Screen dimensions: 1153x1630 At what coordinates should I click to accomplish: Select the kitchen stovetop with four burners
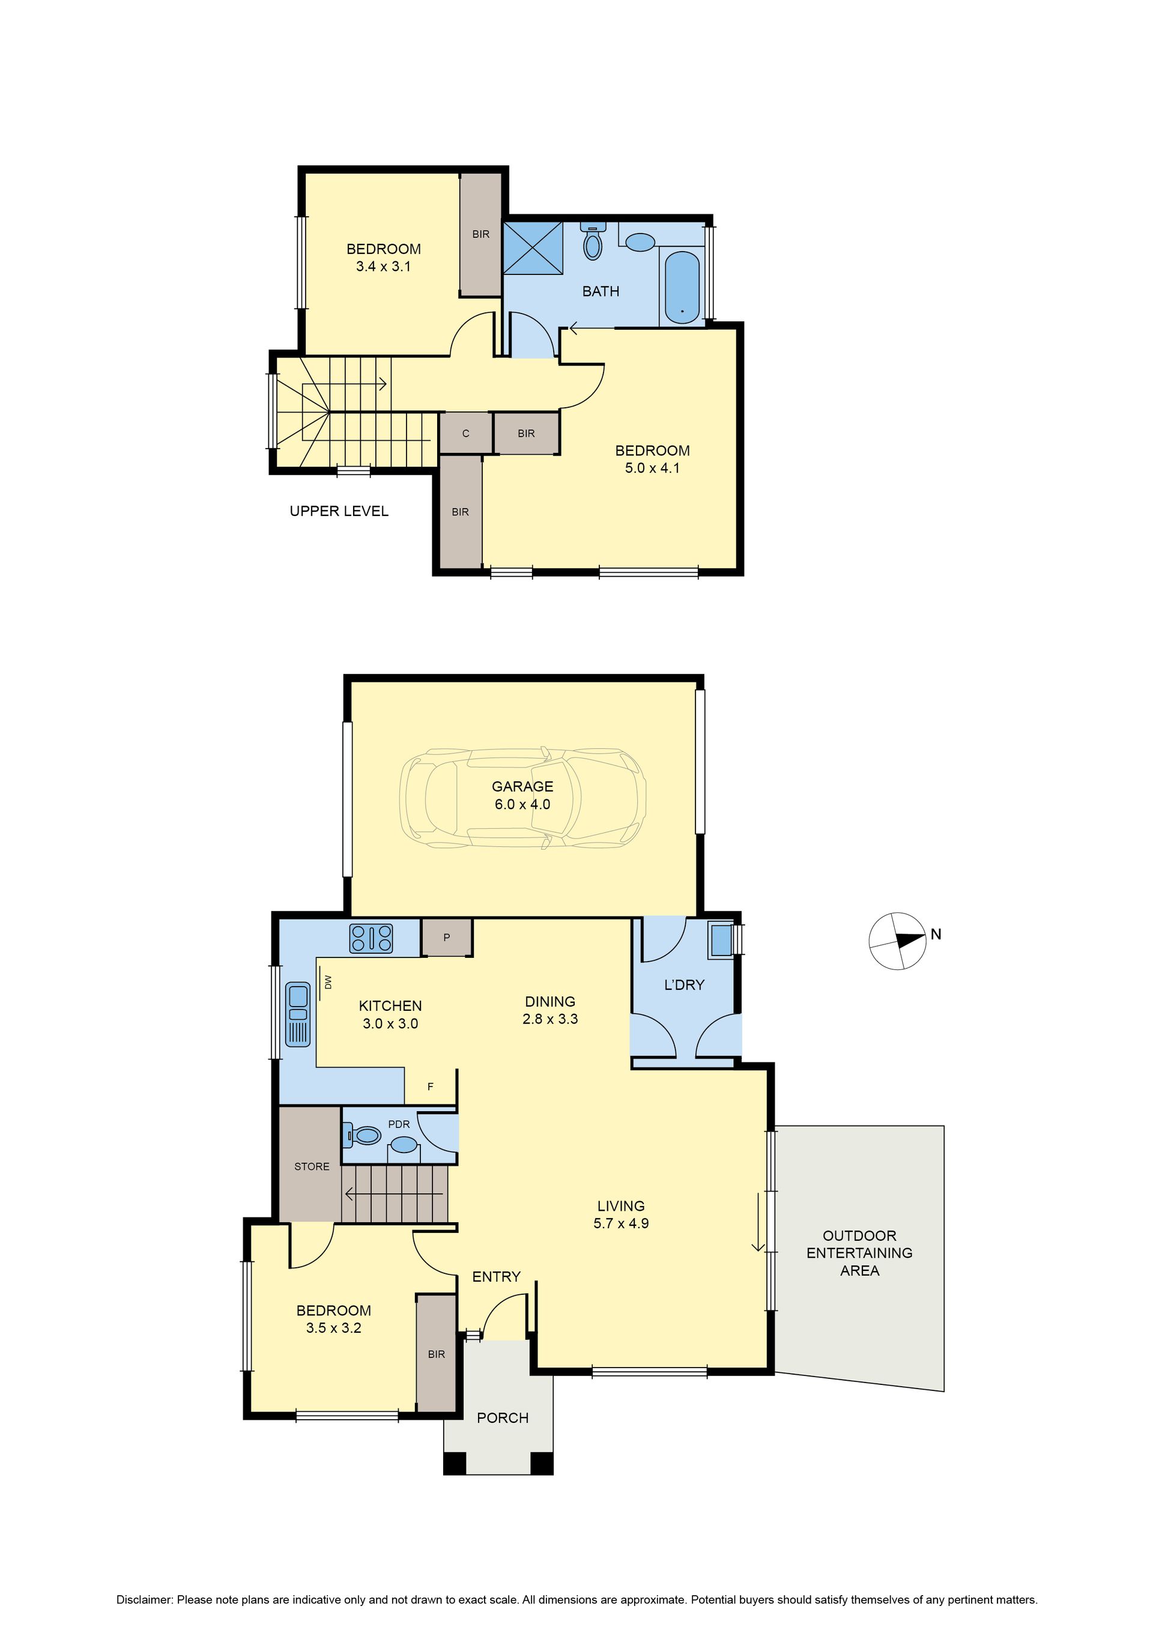pos(371,937)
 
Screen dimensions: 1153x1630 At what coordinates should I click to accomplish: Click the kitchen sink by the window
pos(297,1014)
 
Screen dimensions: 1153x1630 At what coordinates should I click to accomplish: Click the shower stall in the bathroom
pos(533,247)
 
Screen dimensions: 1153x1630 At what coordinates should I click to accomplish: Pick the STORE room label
pos(312,1166)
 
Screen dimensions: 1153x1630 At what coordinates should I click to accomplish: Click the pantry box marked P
pos(447,937)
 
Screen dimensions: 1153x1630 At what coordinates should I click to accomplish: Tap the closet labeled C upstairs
pos(466,433)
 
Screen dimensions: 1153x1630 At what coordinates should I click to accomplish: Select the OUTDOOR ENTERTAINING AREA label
pos(859,1253)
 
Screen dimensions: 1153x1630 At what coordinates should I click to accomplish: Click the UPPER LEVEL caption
pos(339,511)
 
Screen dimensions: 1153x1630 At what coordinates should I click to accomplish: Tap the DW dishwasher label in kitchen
pos(328,983)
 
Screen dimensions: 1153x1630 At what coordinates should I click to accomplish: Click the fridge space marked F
pos(430,1087)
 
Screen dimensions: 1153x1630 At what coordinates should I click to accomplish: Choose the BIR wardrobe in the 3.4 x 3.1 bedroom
pos(480,234)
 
